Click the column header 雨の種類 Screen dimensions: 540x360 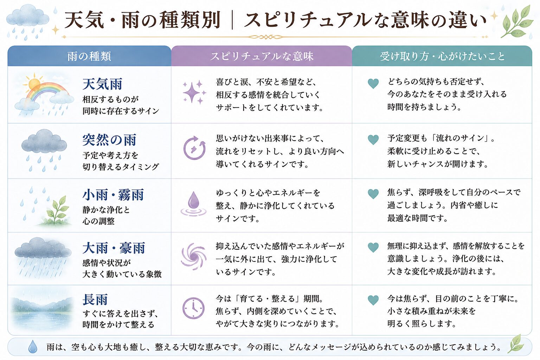[89, 56]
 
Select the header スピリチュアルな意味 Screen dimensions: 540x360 [262, 56]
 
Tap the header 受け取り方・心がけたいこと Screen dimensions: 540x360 [442, 56]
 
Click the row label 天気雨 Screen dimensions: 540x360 [102, 84]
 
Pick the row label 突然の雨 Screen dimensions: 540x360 [109, 140]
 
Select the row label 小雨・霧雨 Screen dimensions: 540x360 [113, 195]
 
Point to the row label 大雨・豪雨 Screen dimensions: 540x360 [114, 248]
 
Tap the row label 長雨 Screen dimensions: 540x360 [95, 300]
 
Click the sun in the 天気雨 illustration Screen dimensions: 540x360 [34, 84]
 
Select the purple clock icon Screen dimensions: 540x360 [193, 308]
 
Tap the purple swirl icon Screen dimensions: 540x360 [194, 256]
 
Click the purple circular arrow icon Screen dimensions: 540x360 [194, 148]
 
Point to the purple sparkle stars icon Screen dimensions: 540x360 [194, 92]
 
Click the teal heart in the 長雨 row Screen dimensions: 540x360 [373, 300]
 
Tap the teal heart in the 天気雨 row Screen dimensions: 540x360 [373, 84]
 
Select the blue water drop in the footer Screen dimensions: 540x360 [33, 347]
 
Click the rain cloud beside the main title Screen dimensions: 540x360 [28, 22]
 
